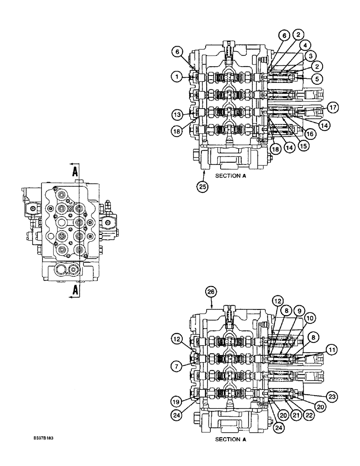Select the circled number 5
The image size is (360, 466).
tap(317, 79)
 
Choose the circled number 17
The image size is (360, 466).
tap(332, 107)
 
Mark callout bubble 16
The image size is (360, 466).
tap(310, 133)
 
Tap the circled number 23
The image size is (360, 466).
tap(331, 397)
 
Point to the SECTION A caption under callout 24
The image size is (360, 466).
tap(229, 439)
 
